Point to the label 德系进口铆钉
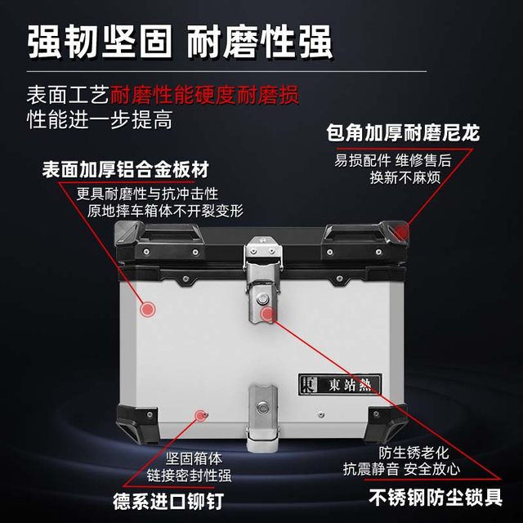tap(167, 498)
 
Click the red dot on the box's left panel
tap(147, 309)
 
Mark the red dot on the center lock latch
tap(266, 312)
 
